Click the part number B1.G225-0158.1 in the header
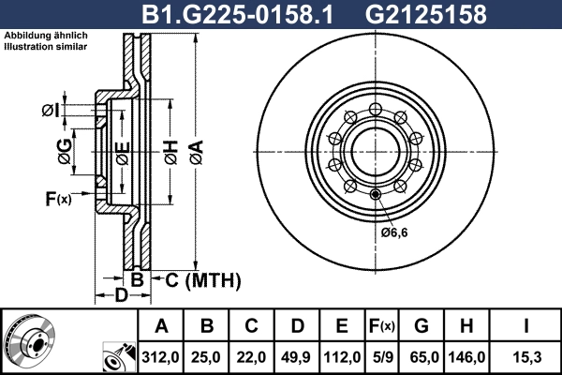[238, 14]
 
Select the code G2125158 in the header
[426, 14]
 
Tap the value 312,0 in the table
[160, 357]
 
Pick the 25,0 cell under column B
[206, 357]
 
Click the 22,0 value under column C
[251, 357]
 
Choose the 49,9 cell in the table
[296, 357]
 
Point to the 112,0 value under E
[342, 357]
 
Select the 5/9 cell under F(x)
[382, 357]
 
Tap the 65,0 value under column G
[421, 357]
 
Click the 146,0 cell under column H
[466, 357]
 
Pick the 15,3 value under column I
[526, 357]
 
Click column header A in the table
[161, 326]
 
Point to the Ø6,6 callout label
[394, 232]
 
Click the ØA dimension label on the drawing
[197, 152]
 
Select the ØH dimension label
[171, 152]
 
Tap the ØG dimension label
[65, 152]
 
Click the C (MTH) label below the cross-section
[203, 280]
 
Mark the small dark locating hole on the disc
[376, 195]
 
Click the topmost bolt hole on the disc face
[376, 109]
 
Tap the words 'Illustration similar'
[46, 47]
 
